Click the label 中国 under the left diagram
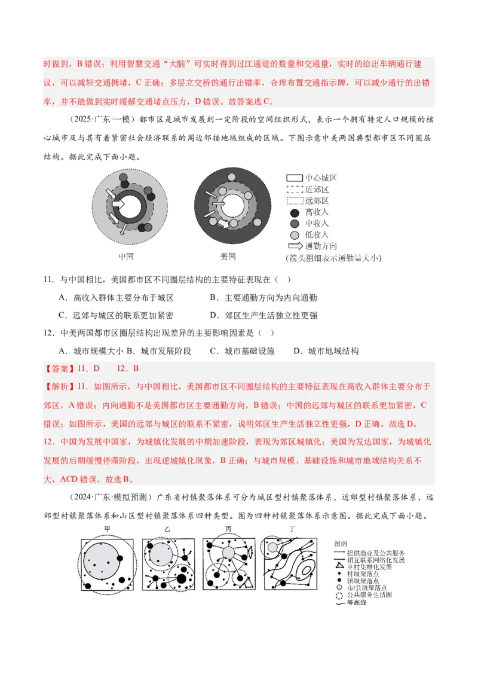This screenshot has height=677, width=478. coord(127,257)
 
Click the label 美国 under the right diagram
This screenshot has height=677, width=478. coord(228,257)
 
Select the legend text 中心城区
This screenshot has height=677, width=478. coord(321,178)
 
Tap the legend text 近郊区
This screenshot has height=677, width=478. coord(317,190)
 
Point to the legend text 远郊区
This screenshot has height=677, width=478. coord(317,201)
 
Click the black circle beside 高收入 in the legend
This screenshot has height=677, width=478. coord(294,212)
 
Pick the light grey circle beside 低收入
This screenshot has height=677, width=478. coord(294,235)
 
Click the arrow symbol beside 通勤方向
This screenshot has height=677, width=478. coord(295,246)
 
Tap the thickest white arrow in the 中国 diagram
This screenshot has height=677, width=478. coord(118,204)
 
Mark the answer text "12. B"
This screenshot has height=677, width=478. coord(127,368)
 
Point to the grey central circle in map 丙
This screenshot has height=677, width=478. coord(228,553)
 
